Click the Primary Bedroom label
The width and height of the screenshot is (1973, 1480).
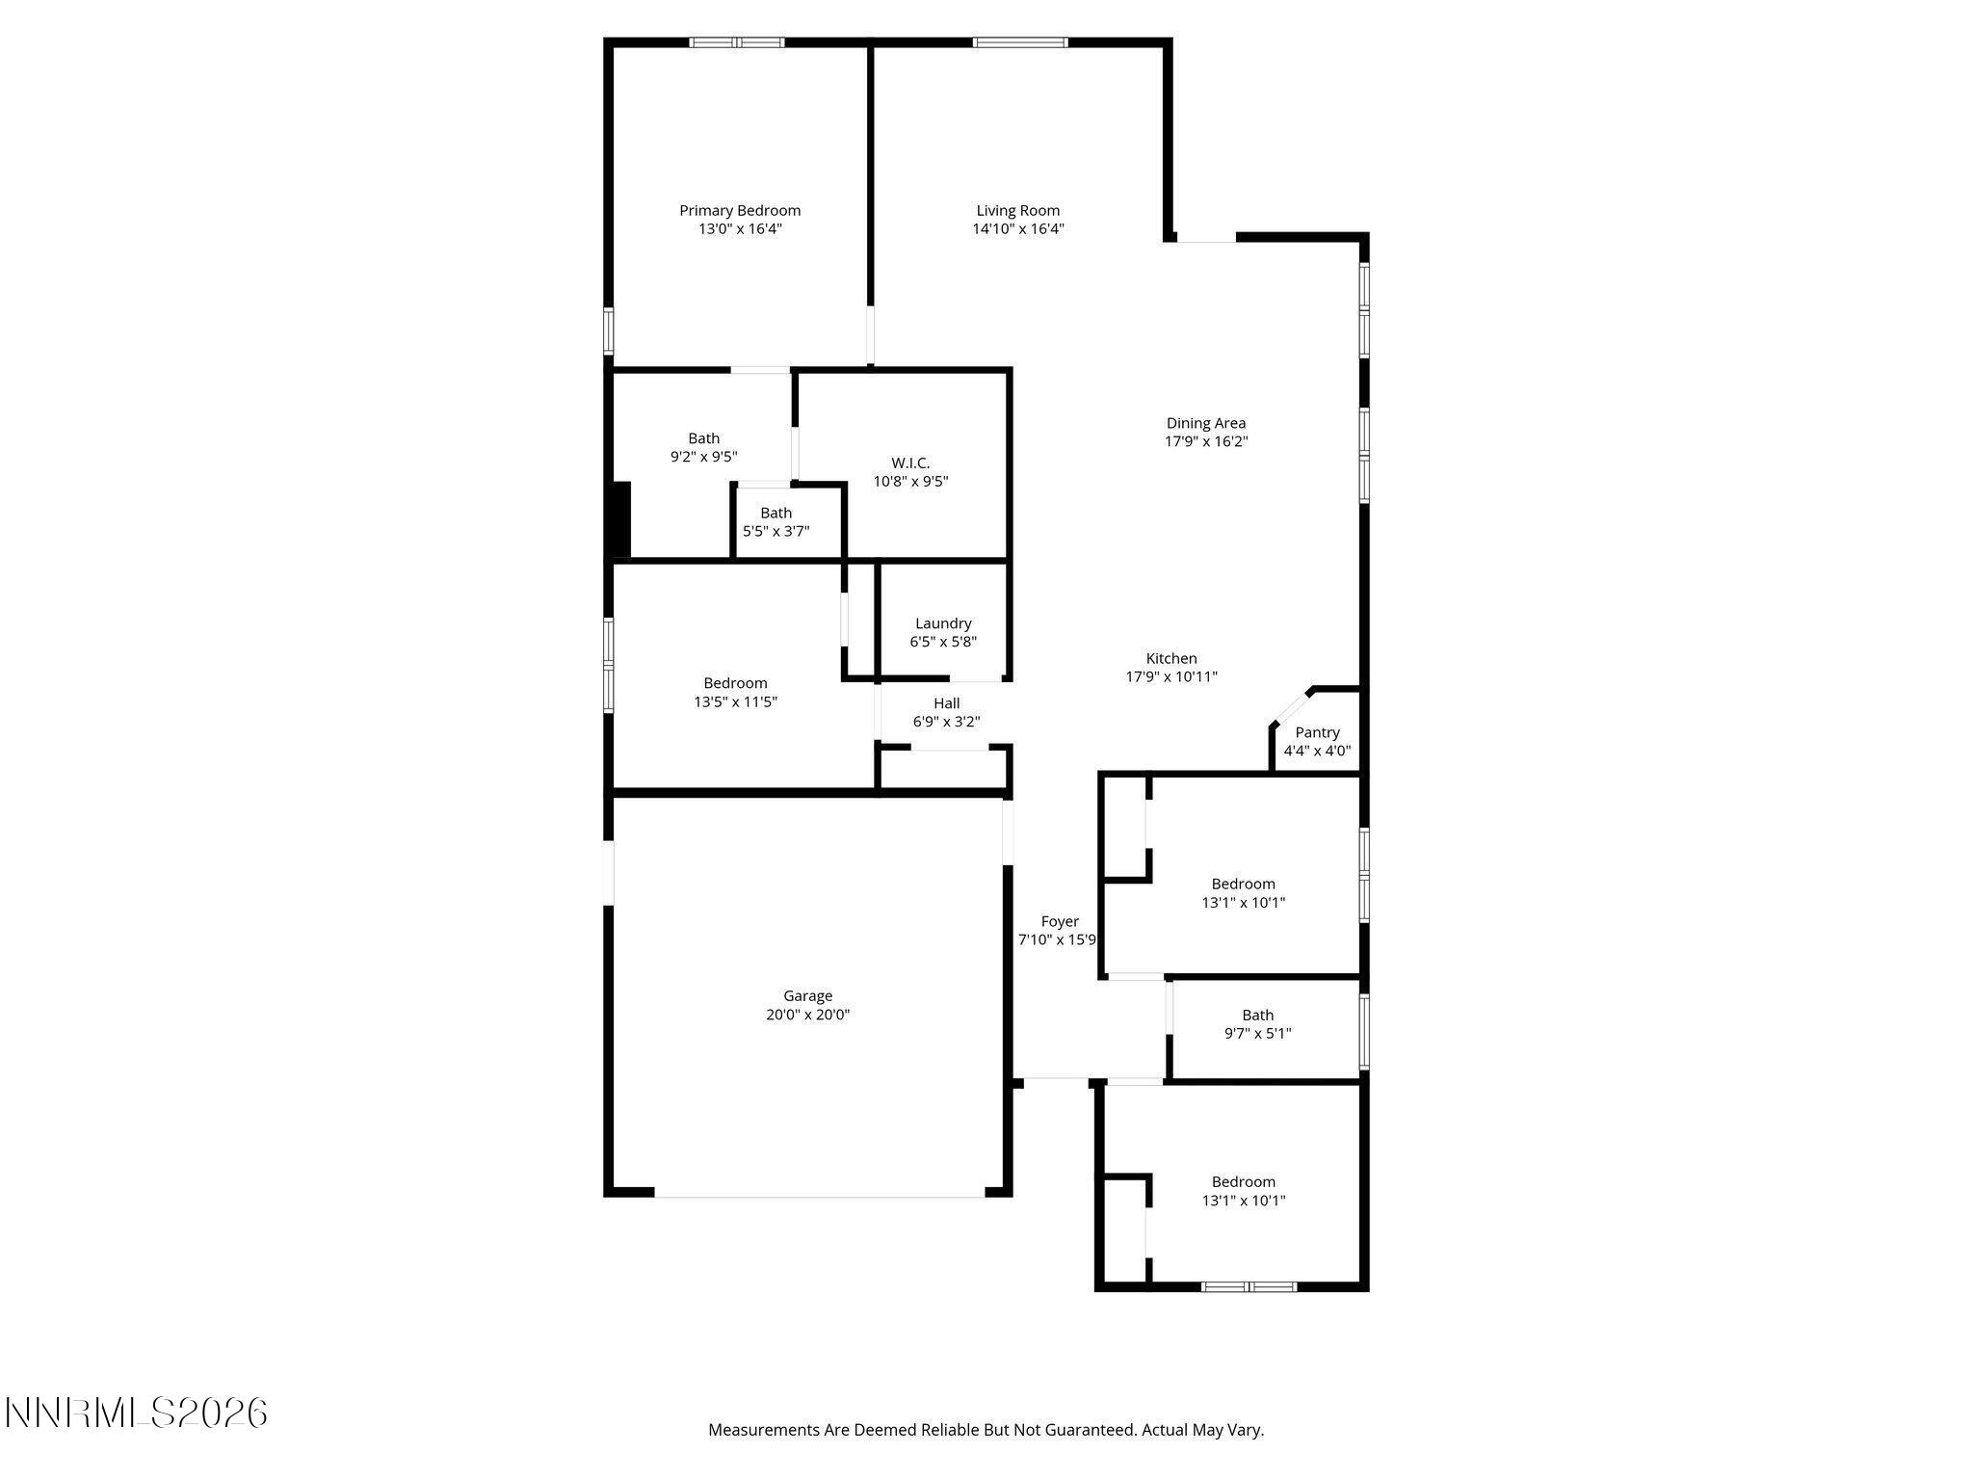coord(739,210)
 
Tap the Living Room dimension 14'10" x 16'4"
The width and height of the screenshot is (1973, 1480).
coord(1017,229)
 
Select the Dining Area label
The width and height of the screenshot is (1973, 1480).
coord(1205,423)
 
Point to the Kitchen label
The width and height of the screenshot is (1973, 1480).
coord(1171,658)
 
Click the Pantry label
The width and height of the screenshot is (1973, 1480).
coord(1316,732)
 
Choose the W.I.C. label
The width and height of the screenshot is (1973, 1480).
coord(910,462)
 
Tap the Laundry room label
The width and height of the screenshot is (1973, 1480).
coord(943,623)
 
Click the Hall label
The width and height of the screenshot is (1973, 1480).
coord(946,703)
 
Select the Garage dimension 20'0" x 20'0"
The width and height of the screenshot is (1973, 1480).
coord(807,1015)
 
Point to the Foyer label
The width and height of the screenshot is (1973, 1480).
coord(1060,921)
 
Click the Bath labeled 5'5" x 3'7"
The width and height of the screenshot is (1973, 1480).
coord(776,513)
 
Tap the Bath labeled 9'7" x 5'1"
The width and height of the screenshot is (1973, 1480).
coord(1257,1015)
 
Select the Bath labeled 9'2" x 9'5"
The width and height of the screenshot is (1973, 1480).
coord(703,438)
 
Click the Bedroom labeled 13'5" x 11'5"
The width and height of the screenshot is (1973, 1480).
coord(735,683)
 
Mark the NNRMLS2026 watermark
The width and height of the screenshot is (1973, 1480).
coord(136,1414)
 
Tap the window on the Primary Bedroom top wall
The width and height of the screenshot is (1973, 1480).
coord(737,42)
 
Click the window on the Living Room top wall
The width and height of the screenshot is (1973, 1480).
coord(1019,42)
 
